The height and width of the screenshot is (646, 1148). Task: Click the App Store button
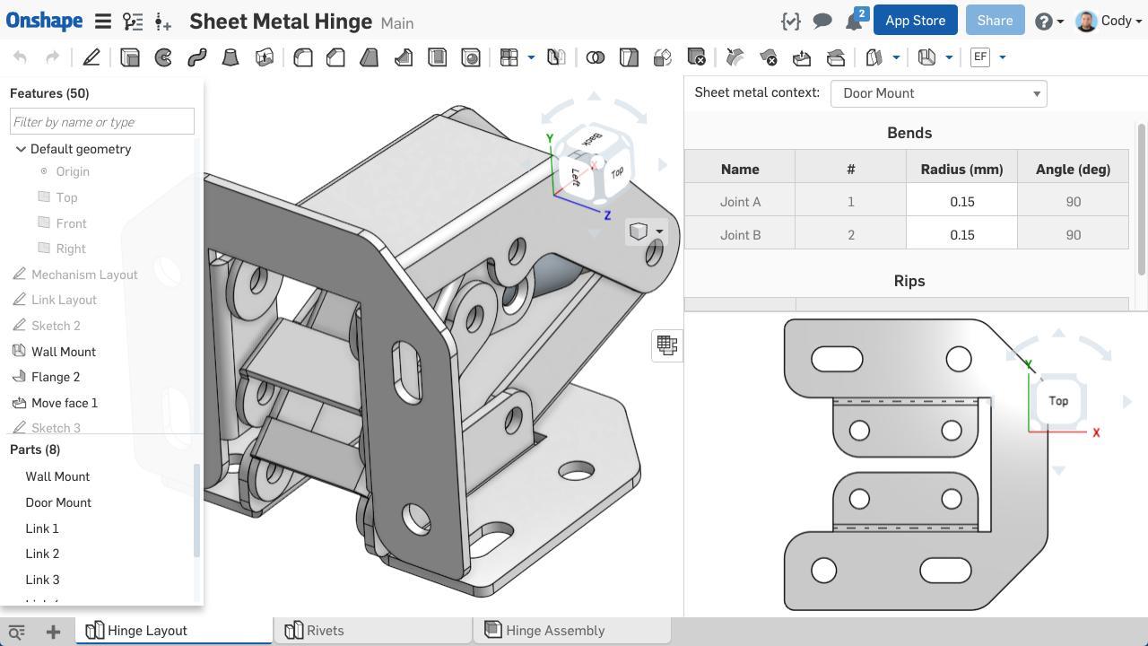pyautogui.click(x=915, y=21)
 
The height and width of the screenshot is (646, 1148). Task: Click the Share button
pyautogui.click(x=995, y=21)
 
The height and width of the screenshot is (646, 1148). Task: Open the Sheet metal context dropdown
pyautogui.click(x=938, y=93)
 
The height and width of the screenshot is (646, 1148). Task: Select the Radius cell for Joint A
pyautogui.click(x=961, y=202)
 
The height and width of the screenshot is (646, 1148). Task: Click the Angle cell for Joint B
pyautogui.click(x=1073, y=235)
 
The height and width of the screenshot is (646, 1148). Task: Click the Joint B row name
pyautogui.click(x=740, y=235)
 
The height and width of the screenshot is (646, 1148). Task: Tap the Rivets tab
pyautogui.click(x=325, y=631)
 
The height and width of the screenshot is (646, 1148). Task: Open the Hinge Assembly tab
pyautogui.click(x=554, y=631)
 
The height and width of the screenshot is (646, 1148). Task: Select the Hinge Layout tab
pyautogui.click(x=147, y=631)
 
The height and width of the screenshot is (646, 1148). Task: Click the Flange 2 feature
pyautogui.click(x=56, y=377)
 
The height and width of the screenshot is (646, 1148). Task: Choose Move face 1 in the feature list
pyautogui.click(x=64, y=403)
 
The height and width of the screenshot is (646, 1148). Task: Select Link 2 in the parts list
pyautogui.click(x=42, y=554)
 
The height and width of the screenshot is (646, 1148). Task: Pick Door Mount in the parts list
pyautogui.click(x=58, y=502)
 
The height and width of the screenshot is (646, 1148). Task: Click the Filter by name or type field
pyautogui.click(x=101, y=122)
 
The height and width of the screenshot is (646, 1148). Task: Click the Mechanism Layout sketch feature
pyautogui.click(x=84, y=275)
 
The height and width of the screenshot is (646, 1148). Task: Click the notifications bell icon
pyautogui.click(x=853, y=22)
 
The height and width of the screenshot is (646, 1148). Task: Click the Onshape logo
pyautogui.click(x=44, y=21)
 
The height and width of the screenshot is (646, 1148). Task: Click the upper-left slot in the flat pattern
pyautogui.click(x=837, y=360)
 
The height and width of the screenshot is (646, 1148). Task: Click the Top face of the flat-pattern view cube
pyautogui.click(x=1058, y=401)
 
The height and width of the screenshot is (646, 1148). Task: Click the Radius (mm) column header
pyautogui.click(x=961, y=169)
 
